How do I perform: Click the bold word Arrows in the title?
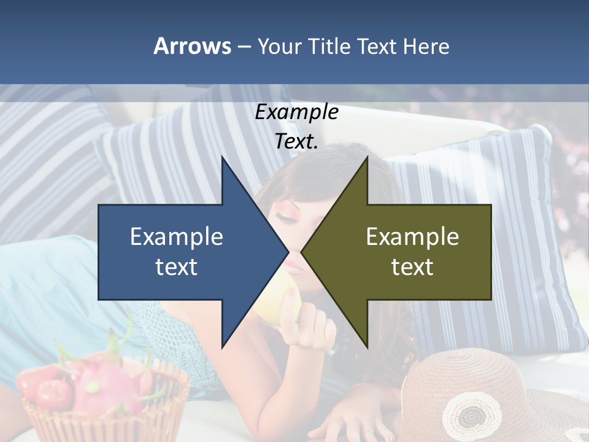pos(192,46)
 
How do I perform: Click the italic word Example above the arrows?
pos(297,112)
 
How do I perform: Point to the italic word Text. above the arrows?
pos(297,141)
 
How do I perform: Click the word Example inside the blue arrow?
pos(177,237)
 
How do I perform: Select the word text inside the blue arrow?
pos(177,267)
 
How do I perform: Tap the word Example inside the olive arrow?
pos(412,237)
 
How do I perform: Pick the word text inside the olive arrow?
pos(412,267)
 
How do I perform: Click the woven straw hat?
pos(491,393)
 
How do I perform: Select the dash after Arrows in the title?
pos(244,47)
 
